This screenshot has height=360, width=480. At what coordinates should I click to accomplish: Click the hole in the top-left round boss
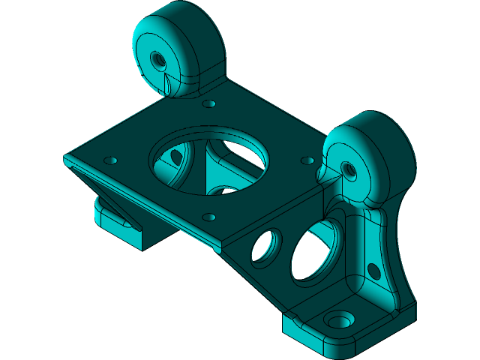coord(157,58)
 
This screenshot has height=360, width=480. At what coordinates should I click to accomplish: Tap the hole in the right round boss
coord(347,169)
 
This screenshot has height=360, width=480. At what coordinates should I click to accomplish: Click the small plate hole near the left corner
coord(111,160)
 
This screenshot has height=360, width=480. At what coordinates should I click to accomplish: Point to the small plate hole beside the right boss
coord(307,160)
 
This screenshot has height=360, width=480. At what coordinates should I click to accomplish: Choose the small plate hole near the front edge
coord(209,217)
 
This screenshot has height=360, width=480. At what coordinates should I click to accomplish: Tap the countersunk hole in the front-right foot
coord(342,320)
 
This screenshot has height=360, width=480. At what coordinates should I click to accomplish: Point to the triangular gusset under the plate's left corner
coord(97,187)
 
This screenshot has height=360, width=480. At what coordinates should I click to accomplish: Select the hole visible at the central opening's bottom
coord(223,190)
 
